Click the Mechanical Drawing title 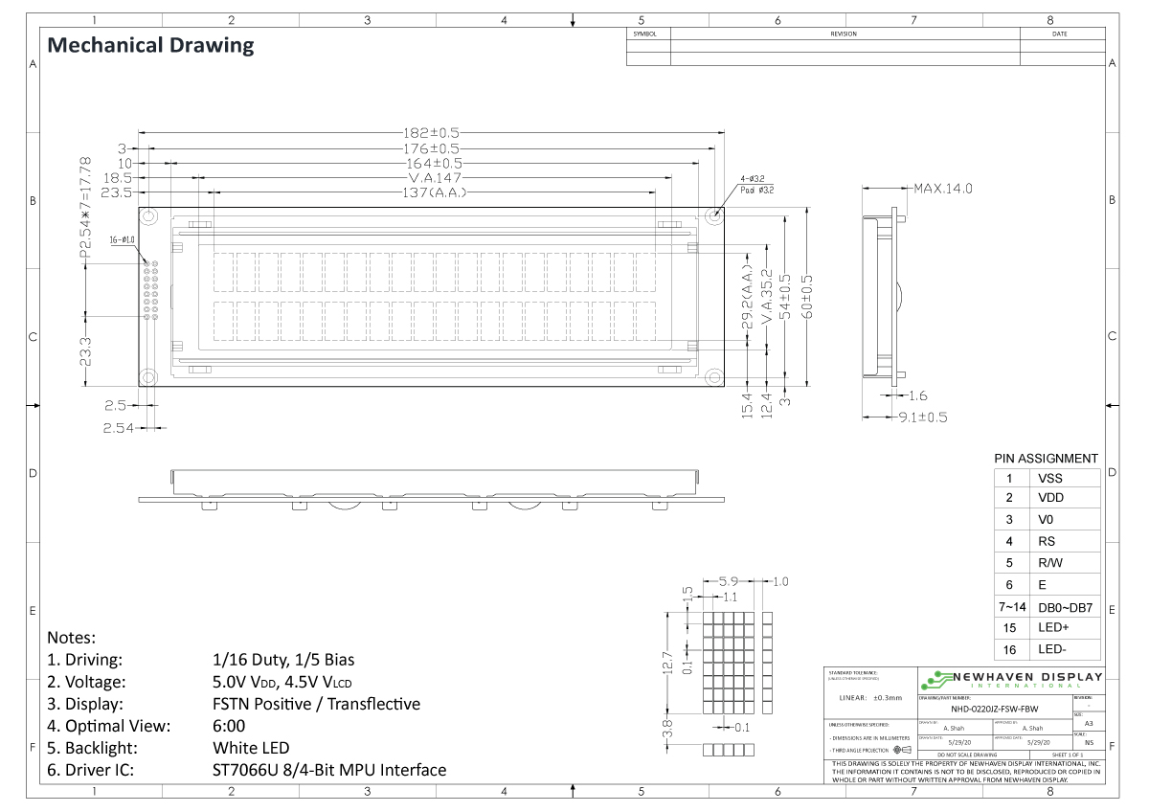(x=150, y=45)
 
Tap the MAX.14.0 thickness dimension (x=942, y=189)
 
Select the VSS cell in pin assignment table (x=1049, y=478)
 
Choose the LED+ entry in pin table (x=1053, y=628)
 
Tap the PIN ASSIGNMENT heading (x=1046, y=459)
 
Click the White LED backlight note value (x=251, y=748)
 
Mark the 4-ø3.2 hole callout (x=752, y=179)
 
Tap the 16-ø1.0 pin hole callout (x=123, y=240)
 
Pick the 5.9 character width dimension (x=728, y=581)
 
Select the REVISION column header (x=844, y=34)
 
